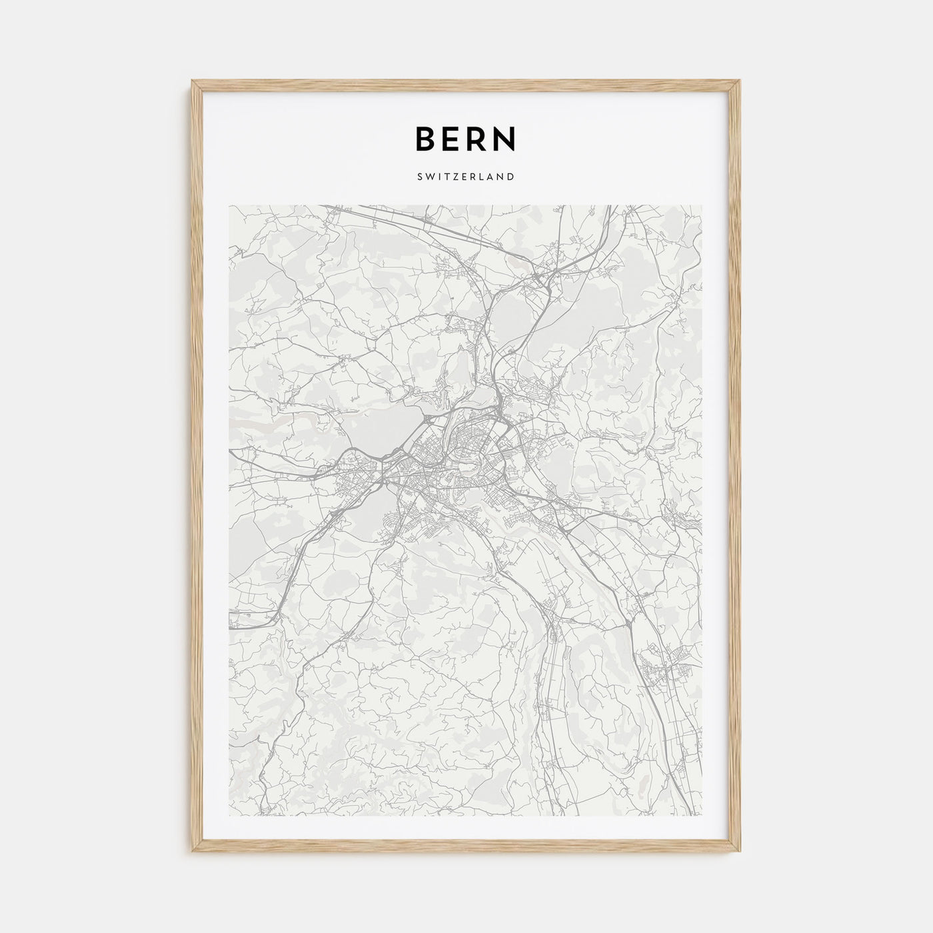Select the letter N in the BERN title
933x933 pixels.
point(507,138)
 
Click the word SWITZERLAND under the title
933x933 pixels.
point(466,177)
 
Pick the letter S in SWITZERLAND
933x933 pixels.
point(421,177)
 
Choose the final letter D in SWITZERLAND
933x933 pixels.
point(511,177)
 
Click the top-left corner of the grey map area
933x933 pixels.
point(229,205)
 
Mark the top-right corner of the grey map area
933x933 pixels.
point(702,205)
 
